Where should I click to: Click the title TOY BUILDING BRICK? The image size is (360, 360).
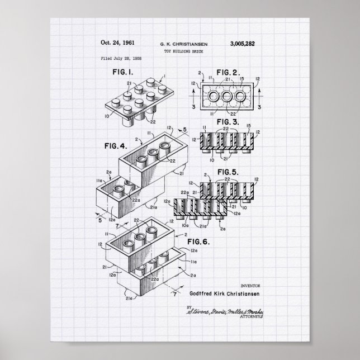pyautogui.click(x=180, y=50)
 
